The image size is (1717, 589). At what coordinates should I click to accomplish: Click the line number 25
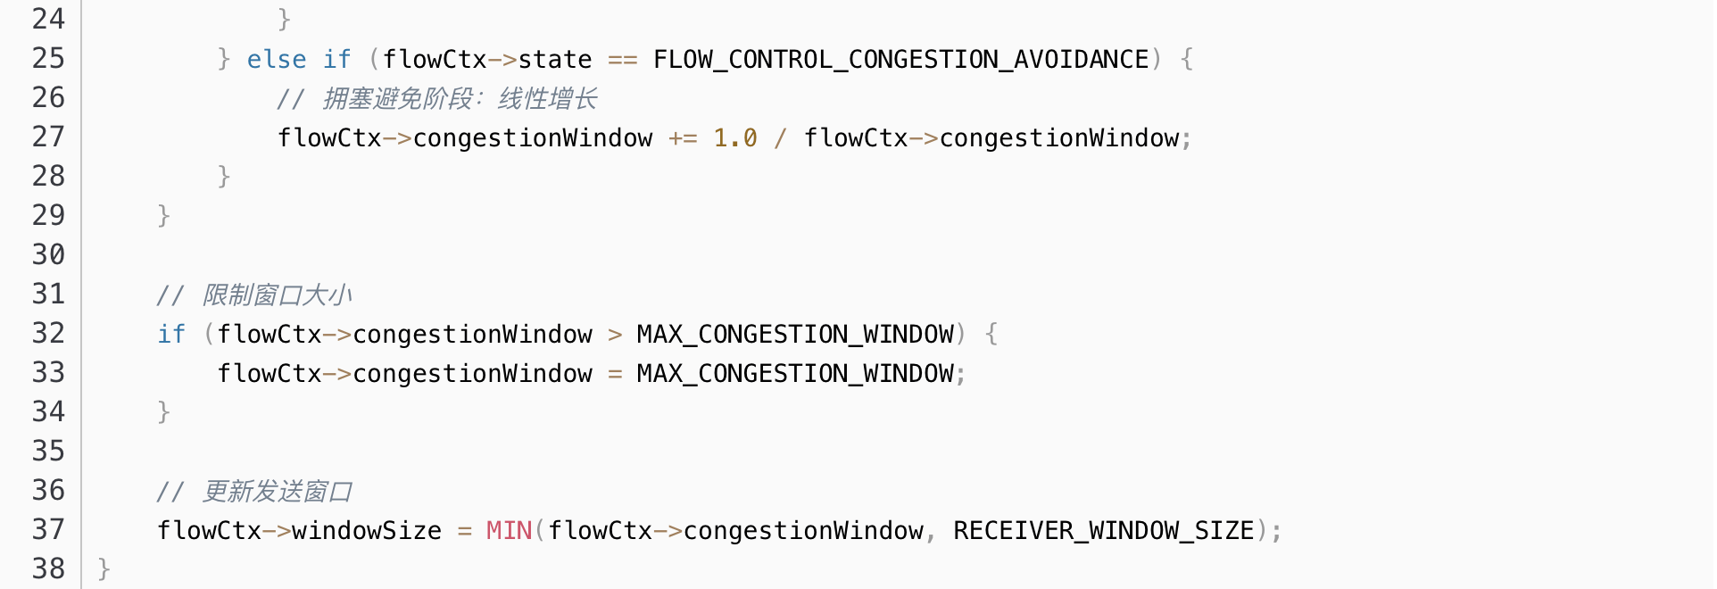[48, 59]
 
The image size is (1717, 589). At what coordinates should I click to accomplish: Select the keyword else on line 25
[277, 60]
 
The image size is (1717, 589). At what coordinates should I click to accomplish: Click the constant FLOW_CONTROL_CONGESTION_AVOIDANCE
[900, 60]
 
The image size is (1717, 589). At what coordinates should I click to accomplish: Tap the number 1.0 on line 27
[735, 138]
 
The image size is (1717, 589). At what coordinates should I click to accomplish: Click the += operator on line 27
[683, 138]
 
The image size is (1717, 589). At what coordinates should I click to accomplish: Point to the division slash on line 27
[781, 138]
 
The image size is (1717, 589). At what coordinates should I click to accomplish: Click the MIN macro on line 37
[509, 531]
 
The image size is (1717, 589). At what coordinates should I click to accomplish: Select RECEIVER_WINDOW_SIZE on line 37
[1103, 531]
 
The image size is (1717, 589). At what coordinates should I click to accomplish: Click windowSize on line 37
[367, 531]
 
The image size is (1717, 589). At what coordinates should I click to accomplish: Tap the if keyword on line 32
[171, 335]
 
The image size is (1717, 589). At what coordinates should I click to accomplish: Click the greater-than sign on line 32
[615, 335]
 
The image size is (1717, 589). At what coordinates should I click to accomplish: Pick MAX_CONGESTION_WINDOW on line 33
[795, 374]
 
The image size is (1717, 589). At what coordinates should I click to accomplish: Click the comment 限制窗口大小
[277, 295]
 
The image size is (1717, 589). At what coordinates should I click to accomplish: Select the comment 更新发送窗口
[277, 492]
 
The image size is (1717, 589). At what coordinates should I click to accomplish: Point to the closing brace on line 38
[104, 569]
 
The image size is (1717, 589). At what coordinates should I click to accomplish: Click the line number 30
[48, 255]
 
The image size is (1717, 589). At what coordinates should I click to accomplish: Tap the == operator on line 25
[623, 60]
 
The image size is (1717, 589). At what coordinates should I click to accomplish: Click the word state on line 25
[554, 60]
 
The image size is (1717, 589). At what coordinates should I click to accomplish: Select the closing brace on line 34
[163, 412]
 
